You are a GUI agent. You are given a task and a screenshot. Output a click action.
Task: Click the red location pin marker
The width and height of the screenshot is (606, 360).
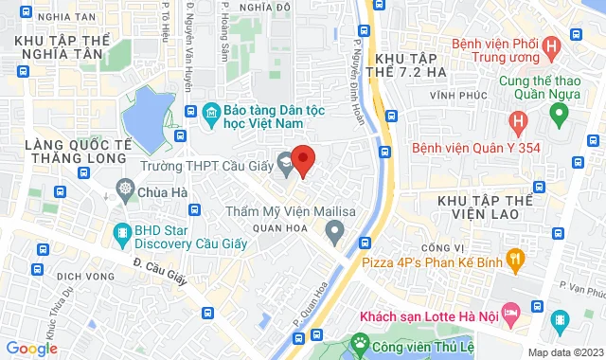(x=302, y=160)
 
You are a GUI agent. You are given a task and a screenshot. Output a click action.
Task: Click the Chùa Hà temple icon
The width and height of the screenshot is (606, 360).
(x=124, y=189)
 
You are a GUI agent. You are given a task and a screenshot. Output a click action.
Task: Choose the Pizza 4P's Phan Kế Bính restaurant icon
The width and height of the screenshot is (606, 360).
(x=515, y=257)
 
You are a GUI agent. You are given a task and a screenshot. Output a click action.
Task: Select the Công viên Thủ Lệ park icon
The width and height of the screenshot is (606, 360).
(x=360, y=341)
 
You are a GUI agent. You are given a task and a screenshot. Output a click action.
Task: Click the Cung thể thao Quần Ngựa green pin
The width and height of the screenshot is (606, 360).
(x=559, y=115)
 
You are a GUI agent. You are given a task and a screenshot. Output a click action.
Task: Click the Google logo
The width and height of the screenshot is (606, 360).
(x=31, y=349)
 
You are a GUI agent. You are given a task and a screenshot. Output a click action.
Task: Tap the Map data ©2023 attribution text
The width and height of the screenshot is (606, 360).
(x=563, y=352)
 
